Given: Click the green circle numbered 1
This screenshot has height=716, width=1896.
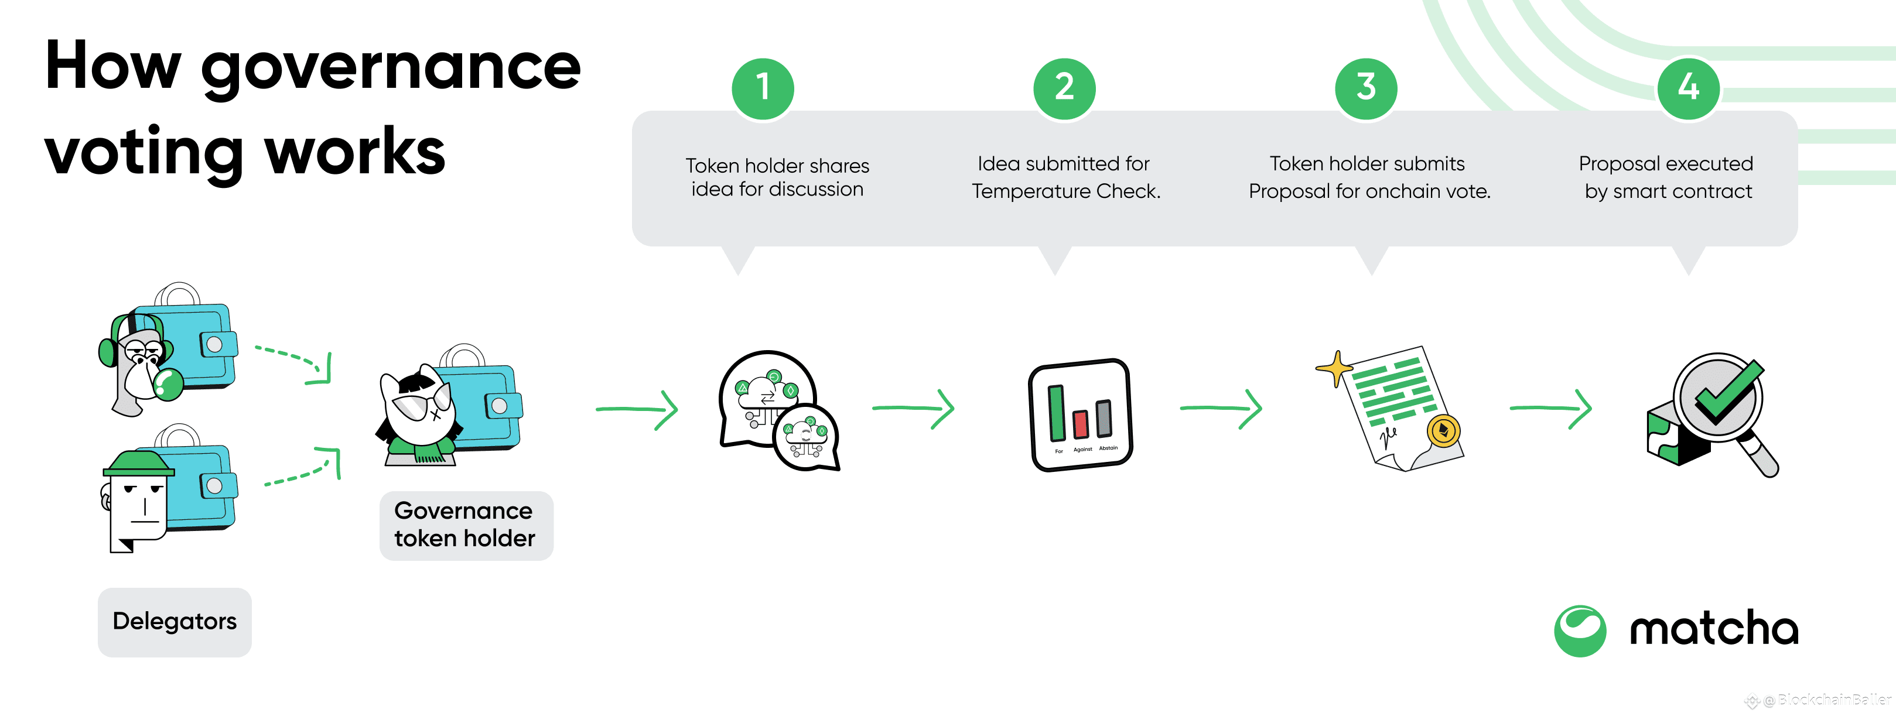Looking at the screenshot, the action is (x=763, y=88).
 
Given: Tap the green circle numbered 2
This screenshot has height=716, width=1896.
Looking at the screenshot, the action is (x=1064, y=88).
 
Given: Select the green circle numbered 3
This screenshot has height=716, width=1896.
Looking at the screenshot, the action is (x=1366, y=88).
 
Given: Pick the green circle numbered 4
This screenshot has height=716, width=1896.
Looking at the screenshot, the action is (x=1689, y=88).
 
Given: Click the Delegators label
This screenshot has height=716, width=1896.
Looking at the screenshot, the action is (x=175, y=622).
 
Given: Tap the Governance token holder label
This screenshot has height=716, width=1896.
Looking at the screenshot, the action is (x=466, y=525).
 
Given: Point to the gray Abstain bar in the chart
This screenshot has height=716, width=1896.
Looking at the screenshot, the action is (x=1104, y=418).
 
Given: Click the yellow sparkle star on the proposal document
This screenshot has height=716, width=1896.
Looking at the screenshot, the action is (x=1335, y=368).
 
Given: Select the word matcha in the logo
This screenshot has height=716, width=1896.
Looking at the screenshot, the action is (x=1714, y=629).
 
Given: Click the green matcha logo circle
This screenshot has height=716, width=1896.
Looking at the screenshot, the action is (x=1580, y=631).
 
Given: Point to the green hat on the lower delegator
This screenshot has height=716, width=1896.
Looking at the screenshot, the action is (x=138, y=464).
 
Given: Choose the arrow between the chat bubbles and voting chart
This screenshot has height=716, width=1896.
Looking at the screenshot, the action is (x=913, y=409).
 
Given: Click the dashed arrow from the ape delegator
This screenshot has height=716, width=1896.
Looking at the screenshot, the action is (x=295, y=361).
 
